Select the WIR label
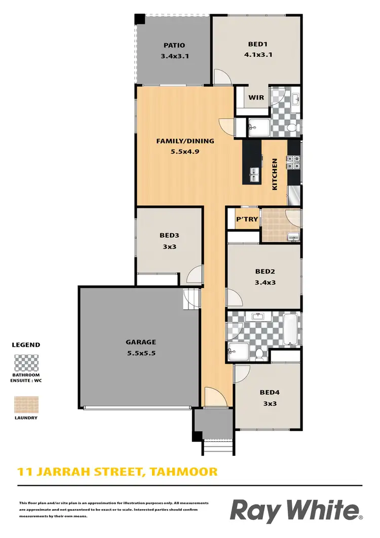point(256,98)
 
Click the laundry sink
point(293,236)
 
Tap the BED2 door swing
point(234,297)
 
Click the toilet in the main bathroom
point(259,353)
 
